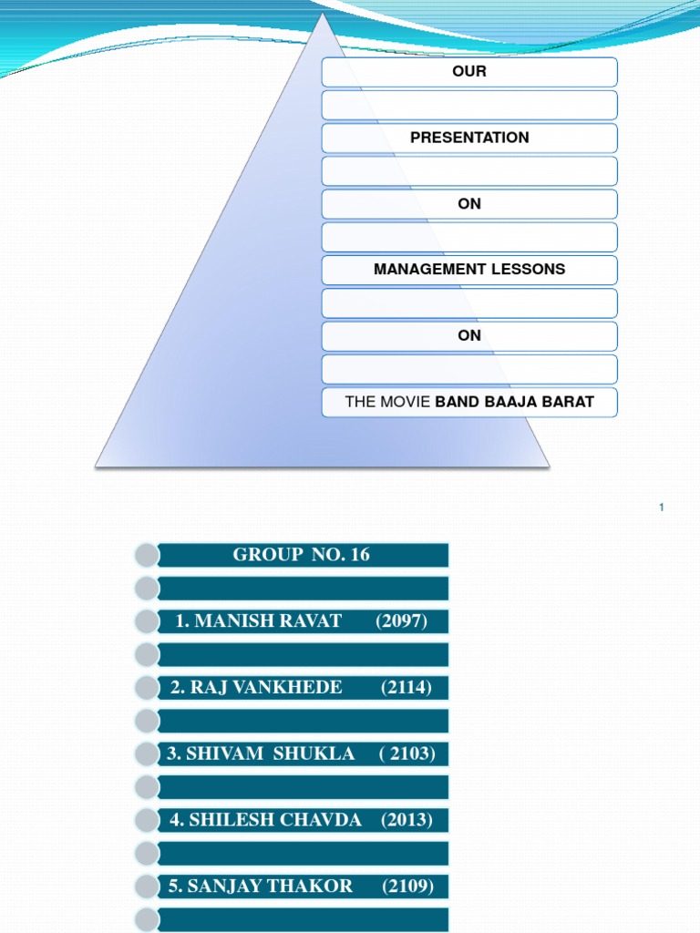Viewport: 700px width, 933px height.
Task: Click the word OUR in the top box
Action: pos(469,71)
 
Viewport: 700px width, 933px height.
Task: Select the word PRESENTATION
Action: pos(469,138)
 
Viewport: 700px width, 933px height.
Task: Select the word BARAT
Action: pos(569,401)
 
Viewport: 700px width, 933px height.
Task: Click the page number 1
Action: pos(662,507)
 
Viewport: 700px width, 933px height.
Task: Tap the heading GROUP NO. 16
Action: pos(302,555)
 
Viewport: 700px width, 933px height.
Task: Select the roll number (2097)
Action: pos(401,621)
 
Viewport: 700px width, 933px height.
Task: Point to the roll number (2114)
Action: pos(407,687)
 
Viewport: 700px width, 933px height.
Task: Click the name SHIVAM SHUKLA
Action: pos(261,754)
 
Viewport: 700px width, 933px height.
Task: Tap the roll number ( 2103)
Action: pos(407,754)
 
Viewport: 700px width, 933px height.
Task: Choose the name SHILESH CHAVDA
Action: pos(265,819)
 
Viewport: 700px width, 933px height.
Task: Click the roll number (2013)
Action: pos(407,819)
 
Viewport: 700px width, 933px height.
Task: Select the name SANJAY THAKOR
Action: pos(262,886)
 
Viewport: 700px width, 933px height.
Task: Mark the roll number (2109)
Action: pos(408,886)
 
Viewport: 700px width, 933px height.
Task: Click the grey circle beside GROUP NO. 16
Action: pos(145,555)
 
